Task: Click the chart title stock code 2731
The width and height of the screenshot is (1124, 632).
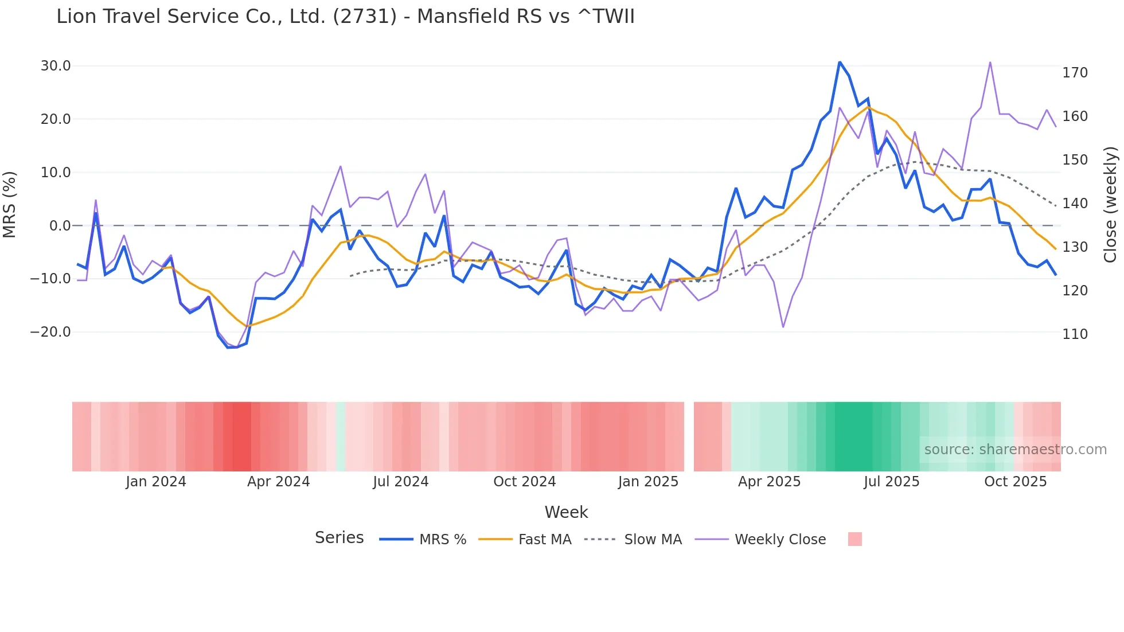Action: tap(364, 17)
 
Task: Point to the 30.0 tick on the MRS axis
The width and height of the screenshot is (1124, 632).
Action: tap(56, 66)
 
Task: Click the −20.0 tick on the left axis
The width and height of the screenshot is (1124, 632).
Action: tap(50, 332)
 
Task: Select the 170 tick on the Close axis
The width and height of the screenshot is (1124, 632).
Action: tap(1075, 73)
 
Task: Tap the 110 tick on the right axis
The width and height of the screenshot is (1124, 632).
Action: tap(1075, 334)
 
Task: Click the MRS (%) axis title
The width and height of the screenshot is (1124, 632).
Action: tap(10, 204)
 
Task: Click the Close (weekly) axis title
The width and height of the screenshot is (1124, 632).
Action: tap(1110, 204)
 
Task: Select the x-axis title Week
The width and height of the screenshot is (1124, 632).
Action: tap(566, 512)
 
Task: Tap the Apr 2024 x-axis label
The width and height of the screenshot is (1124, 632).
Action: tap(278, 482)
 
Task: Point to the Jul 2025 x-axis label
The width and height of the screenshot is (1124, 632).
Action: tap(891, 482)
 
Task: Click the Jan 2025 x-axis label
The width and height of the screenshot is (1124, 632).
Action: tap(648, 482)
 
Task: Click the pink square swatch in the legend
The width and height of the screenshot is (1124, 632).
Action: tap(854, 539)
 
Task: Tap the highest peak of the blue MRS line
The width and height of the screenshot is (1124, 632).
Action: tap(840, 62)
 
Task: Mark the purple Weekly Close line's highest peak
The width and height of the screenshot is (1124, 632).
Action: tap(990, 63)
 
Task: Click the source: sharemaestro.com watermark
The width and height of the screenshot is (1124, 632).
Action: tap(1015, 450)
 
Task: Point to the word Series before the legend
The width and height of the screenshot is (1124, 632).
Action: tap(339, 538)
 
